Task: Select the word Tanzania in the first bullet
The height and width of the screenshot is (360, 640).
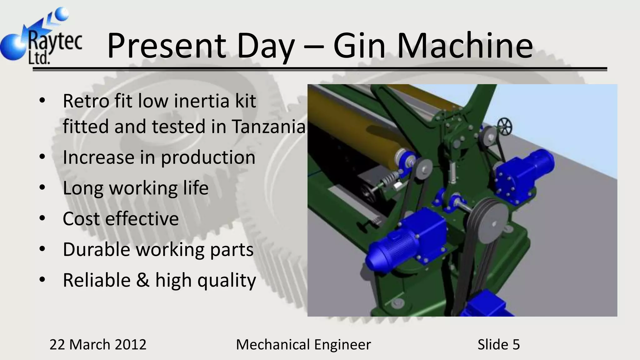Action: tap(268, 127)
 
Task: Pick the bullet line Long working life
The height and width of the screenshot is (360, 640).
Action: tap(135, 188)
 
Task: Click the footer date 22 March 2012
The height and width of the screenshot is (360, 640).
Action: tap(98, 344)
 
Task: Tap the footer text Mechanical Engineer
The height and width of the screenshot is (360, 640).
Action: tap(303, 344)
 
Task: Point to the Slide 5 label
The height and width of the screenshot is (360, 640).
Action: tap(498, 344)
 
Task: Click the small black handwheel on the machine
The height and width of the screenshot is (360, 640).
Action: tap(505, 127)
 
